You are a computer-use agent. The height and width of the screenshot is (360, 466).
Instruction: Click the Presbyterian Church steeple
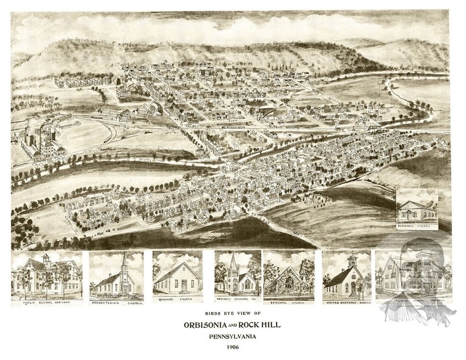124,263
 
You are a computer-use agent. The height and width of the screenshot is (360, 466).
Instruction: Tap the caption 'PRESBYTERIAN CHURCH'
116,303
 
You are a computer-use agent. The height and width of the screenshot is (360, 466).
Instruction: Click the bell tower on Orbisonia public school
46,259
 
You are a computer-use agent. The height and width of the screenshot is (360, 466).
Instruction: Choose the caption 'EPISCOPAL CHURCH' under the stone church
289,303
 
